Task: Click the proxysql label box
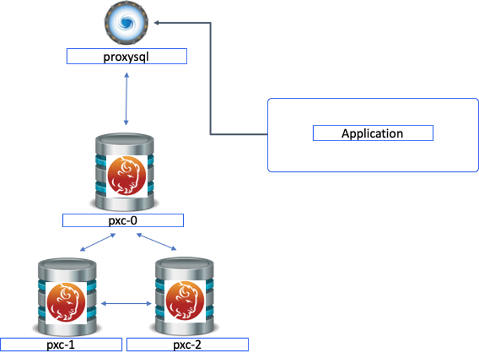(126, 56)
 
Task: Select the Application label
(372, 133)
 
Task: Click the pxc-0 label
(123, 220)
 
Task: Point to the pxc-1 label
(61, 344)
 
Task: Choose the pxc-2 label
(187, 344)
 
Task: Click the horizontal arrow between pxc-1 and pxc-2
(126, 304)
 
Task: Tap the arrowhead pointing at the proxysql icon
(157, 22)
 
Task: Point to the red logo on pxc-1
(66, 301)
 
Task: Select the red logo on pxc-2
(185, 301)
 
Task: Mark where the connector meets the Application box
(267, 135)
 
